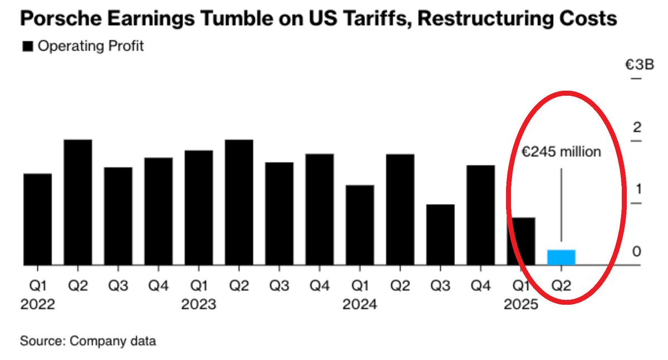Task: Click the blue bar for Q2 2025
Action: tap(561, 257)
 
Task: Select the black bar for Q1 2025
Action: tap(521, 241)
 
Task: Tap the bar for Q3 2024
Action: tap(441, 235)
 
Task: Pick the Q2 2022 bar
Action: tap(78, 202)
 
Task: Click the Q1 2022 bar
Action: tap(37, 220)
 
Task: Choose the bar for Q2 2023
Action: tap(239, 202)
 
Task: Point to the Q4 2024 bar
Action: tap(481, 215)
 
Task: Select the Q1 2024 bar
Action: tap(360, 225)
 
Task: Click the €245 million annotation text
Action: tap(561, 152)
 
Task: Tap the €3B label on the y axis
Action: tap(639, 65)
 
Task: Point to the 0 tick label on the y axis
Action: tap(636, 252)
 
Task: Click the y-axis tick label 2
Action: tap(637, 127)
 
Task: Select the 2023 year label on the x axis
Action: tap(198, 304)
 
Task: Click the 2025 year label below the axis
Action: tap(521, 304)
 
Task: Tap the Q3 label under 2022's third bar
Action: tap(118, 285)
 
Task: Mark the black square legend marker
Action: tap(28, 46)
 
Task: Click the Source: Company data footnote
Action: tap(88, 341)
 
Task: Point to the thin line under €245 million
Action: tap(561, 205)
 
